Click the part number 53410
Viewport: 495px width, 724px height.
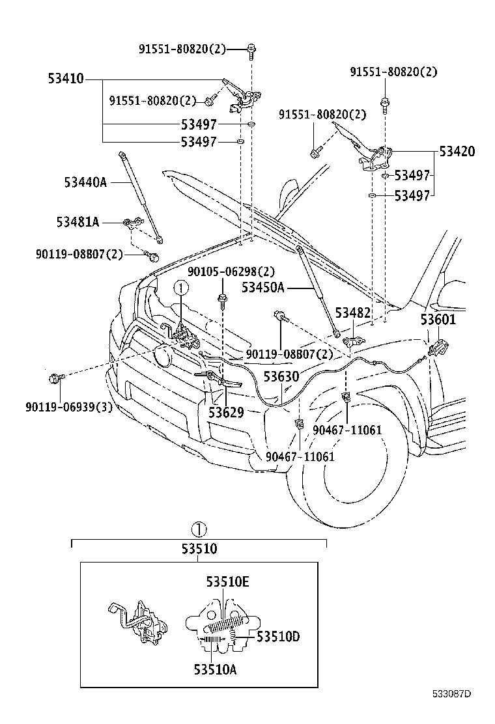click(x=65, y=79)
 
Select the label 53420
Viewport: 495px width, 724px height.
click(x=457, y=152)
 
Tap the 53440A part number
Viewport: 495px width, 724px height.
click(x=85, y=182)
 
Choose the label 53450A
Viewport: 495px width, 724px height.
click(x=263, y=287)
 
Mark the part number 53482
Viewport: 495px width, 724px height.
click(x=353, y=313)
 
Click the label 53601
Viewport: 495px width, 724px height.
click(x=438, y=320)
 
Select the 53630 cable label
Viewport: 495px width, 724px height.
click(x=281, y=377)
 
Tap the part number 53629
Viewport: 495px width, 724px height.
click(x=226, y=412)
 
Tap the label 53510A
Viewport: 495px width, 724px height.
click(x=215, y=668)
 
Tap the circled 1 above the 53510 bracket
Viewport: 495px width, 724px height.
click(x=200, y=528)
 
